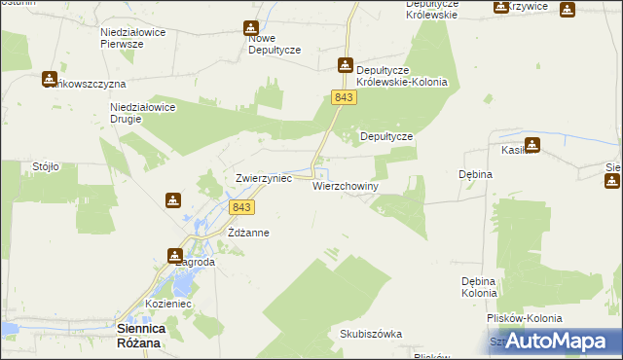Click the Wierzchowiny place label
pyautogui.click(x=345, y=186)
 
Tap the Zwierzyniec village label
pyautogui.click(x=264, y=179)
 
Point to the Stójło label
pyautogui.click(x=46, y=166)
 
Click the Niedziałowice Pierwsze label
pyautogui.click(x=135, y=38)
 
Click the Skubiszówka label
pyautogui.click(x=370, y=334)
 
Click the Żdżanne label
pyautogui.click(x=247, y=234)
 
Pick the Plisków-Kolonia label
pyautogui.click(x=526, y=318)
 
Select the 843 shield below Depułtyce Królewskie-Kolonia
pyautogui.click(x=342, y=98)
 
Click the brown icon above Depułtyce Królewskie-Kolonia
pyautogui.click(x=345, y=65)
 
